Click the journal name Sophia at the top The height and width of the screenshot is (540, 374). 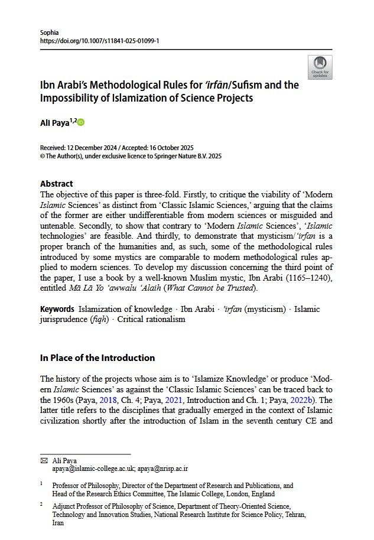click(x=50, y=32)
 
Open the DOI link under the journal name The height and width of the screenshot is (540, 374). click(x=100, y=41)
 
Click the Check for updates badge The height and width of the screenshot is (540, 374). click(x=320, y=67)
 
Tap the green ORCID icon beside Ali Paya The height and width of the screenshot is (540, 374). click(x=81, y=122)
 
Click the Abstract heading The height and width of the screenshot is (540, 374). click(x=56, y=184)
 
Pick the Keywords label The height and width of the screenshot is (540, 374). click(x=57, y=309)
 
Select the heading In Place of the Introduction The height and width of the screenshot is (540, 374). click(x=97, y=357)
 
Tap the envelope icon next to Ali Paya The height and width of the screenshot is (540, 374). click(x=43, y=460)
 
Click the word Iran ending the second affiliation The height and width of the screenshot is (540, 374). click(x=58, y=523)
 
